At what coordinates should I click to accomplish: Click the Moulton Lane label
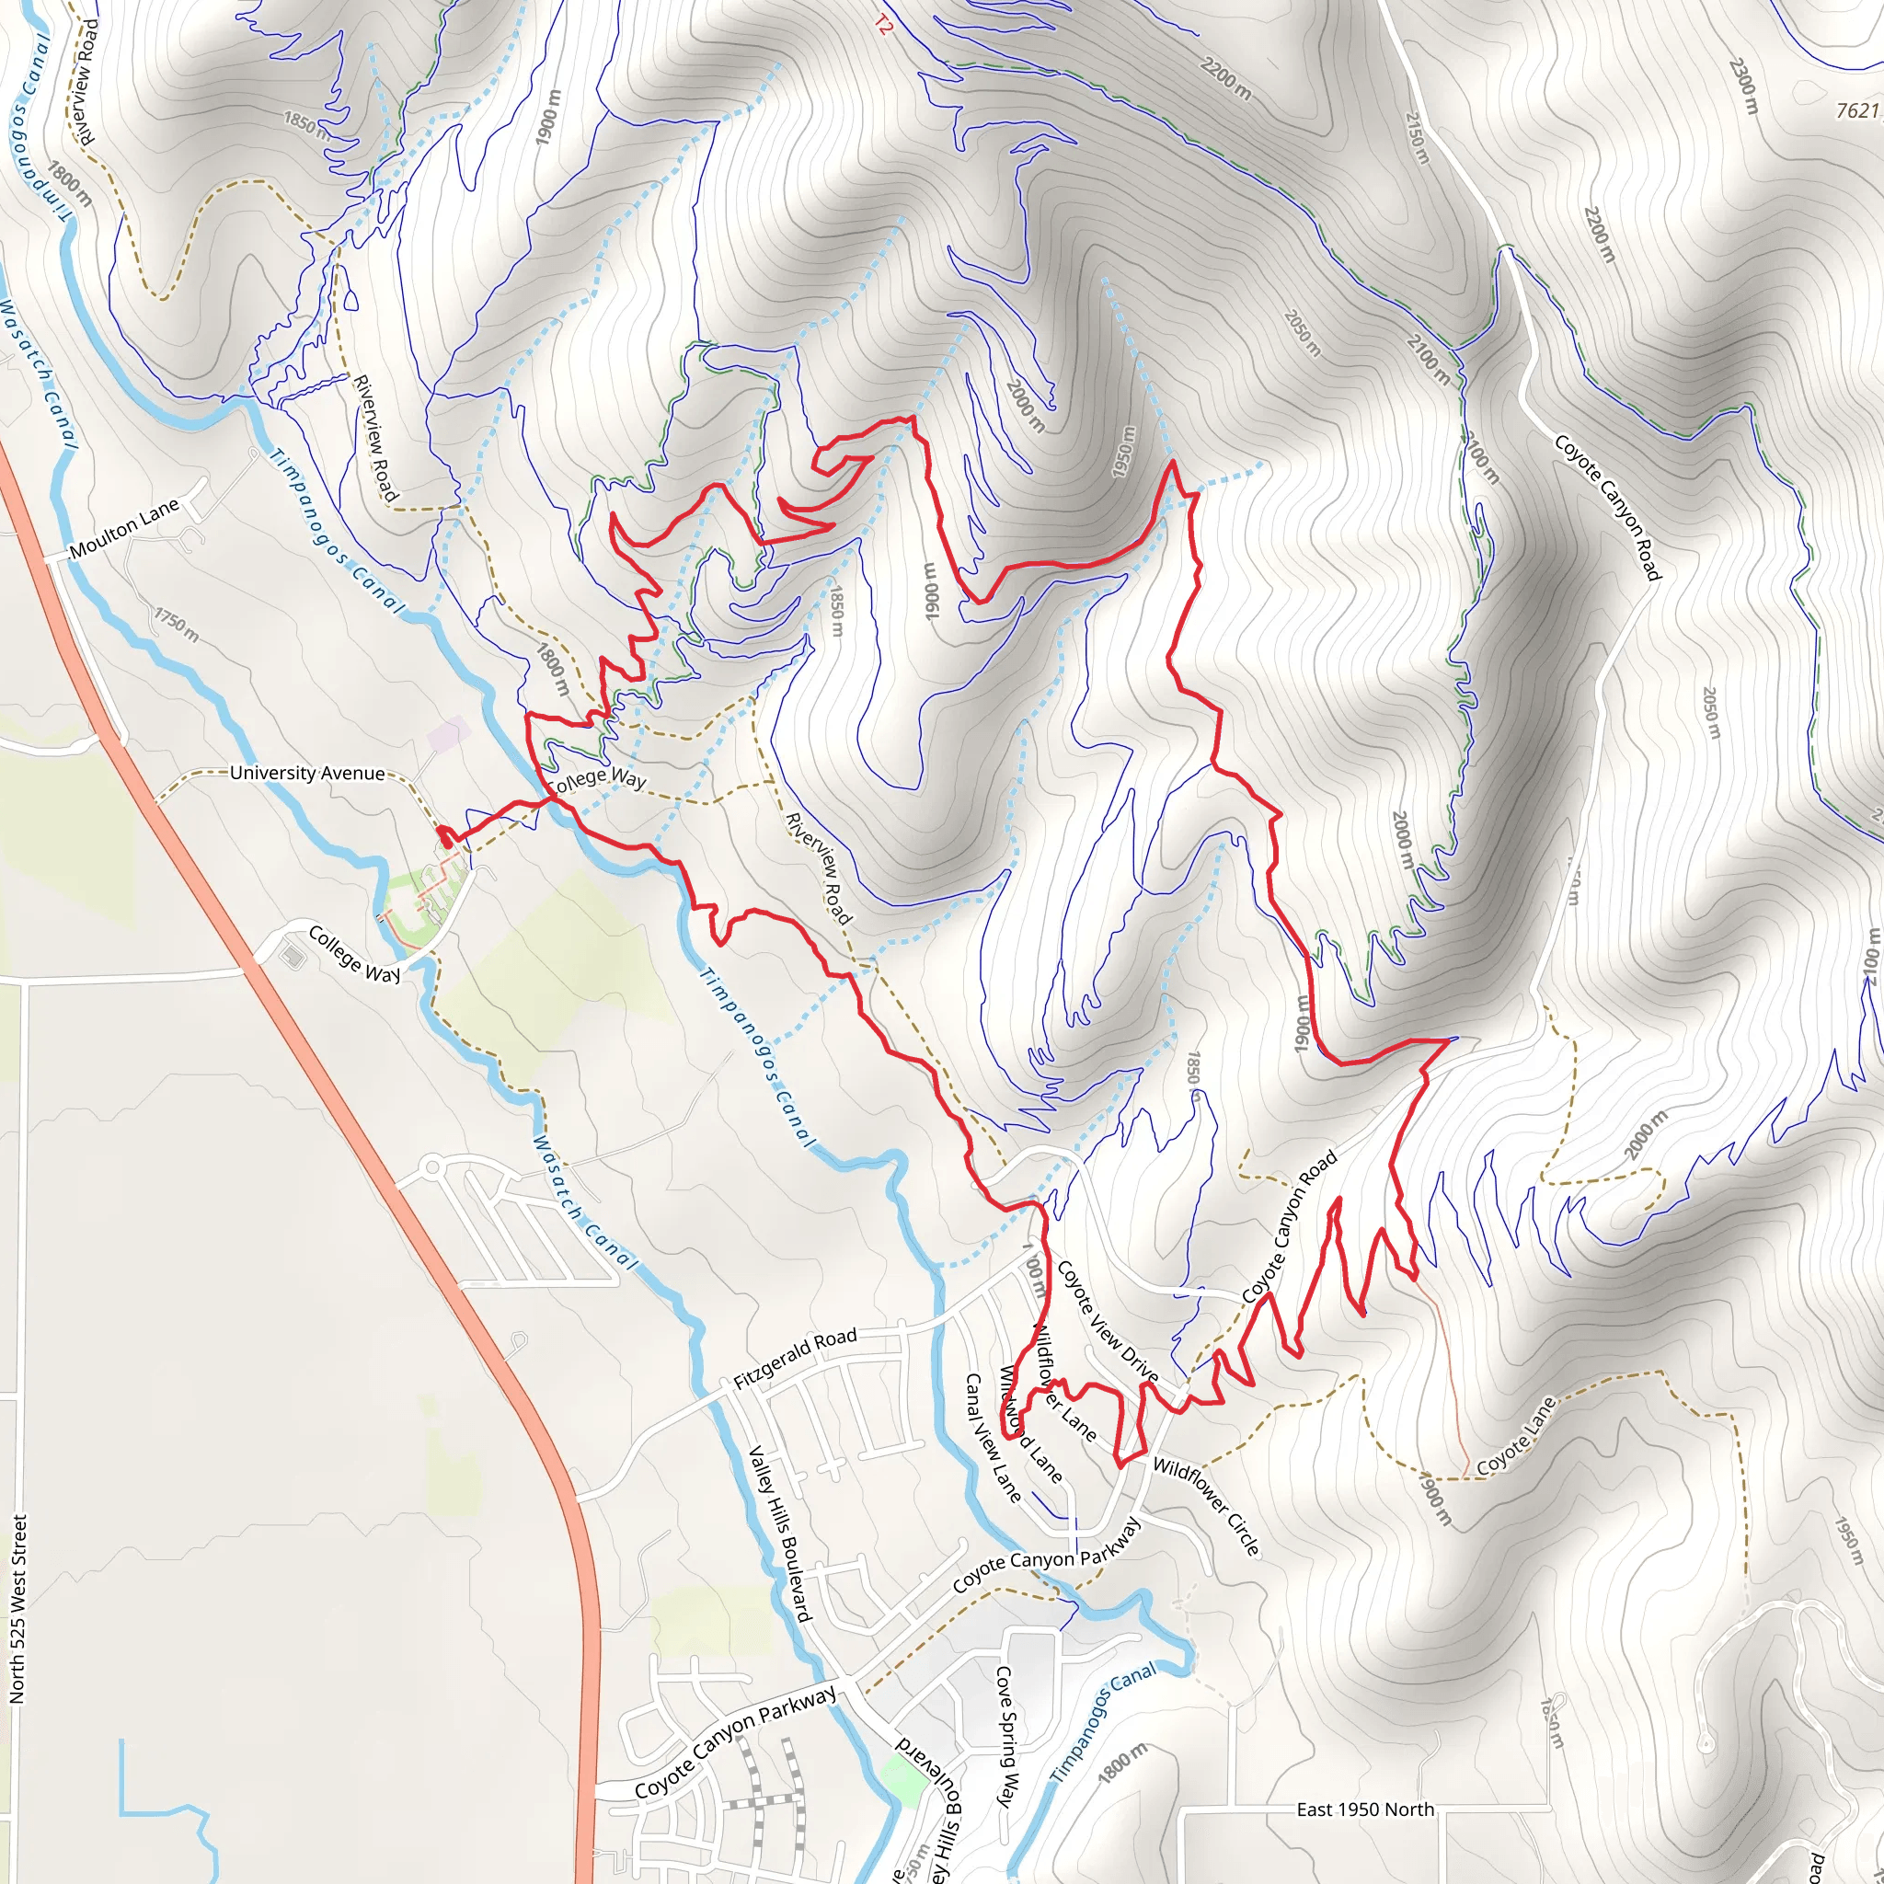(124, 527)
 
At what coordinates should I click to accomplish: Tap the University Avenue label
(307, 774)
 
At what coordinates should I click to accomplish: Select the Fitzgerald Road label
(795, 1359)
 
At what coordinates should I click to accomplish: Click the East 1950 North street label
(1365, 1809)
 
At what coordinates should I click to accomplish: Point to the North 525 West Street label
(18, 1610)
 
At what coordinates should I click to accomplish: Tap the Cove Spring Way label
(1005, 1736)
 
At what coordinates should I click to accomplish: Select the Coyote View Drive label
(1107, 1322)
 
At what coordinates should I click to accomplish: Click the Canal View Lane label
(992, 1440)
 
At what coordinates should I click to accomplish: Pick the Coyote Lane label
(1515, 1438)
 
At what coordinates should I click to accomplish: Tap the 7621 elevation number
(1856, 111)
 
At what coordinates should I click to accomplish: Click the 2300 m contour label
(1743, 86)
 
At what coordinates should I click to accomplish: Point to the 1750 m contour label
(177, 624)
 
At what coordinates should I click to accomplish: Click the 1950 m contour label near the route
(1125, 452)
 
